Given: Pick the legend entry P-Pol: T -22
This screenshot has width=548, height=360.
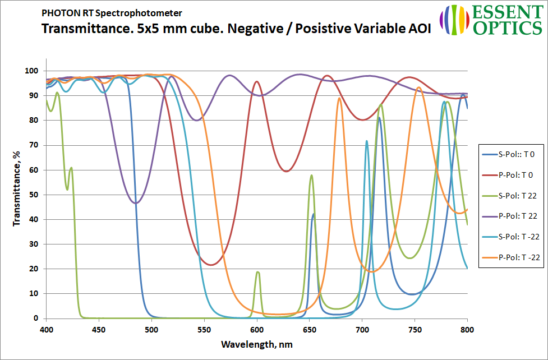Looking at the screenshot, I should (510, 257).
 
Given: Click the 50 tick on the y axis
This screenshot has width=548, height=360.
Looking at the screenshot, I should (33, 195).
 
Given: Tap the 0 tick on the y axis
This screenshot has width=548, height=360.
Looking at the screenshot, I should (36, 318).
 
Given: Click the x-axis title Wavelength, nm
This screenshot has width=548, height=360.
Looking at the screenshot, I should (256, 343).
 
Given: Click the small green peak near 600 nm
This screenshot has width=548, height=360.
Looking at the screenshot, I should (258, 272).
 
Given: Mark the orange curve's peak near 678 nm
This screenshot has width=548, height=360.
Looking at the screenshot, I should (339, 98).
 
